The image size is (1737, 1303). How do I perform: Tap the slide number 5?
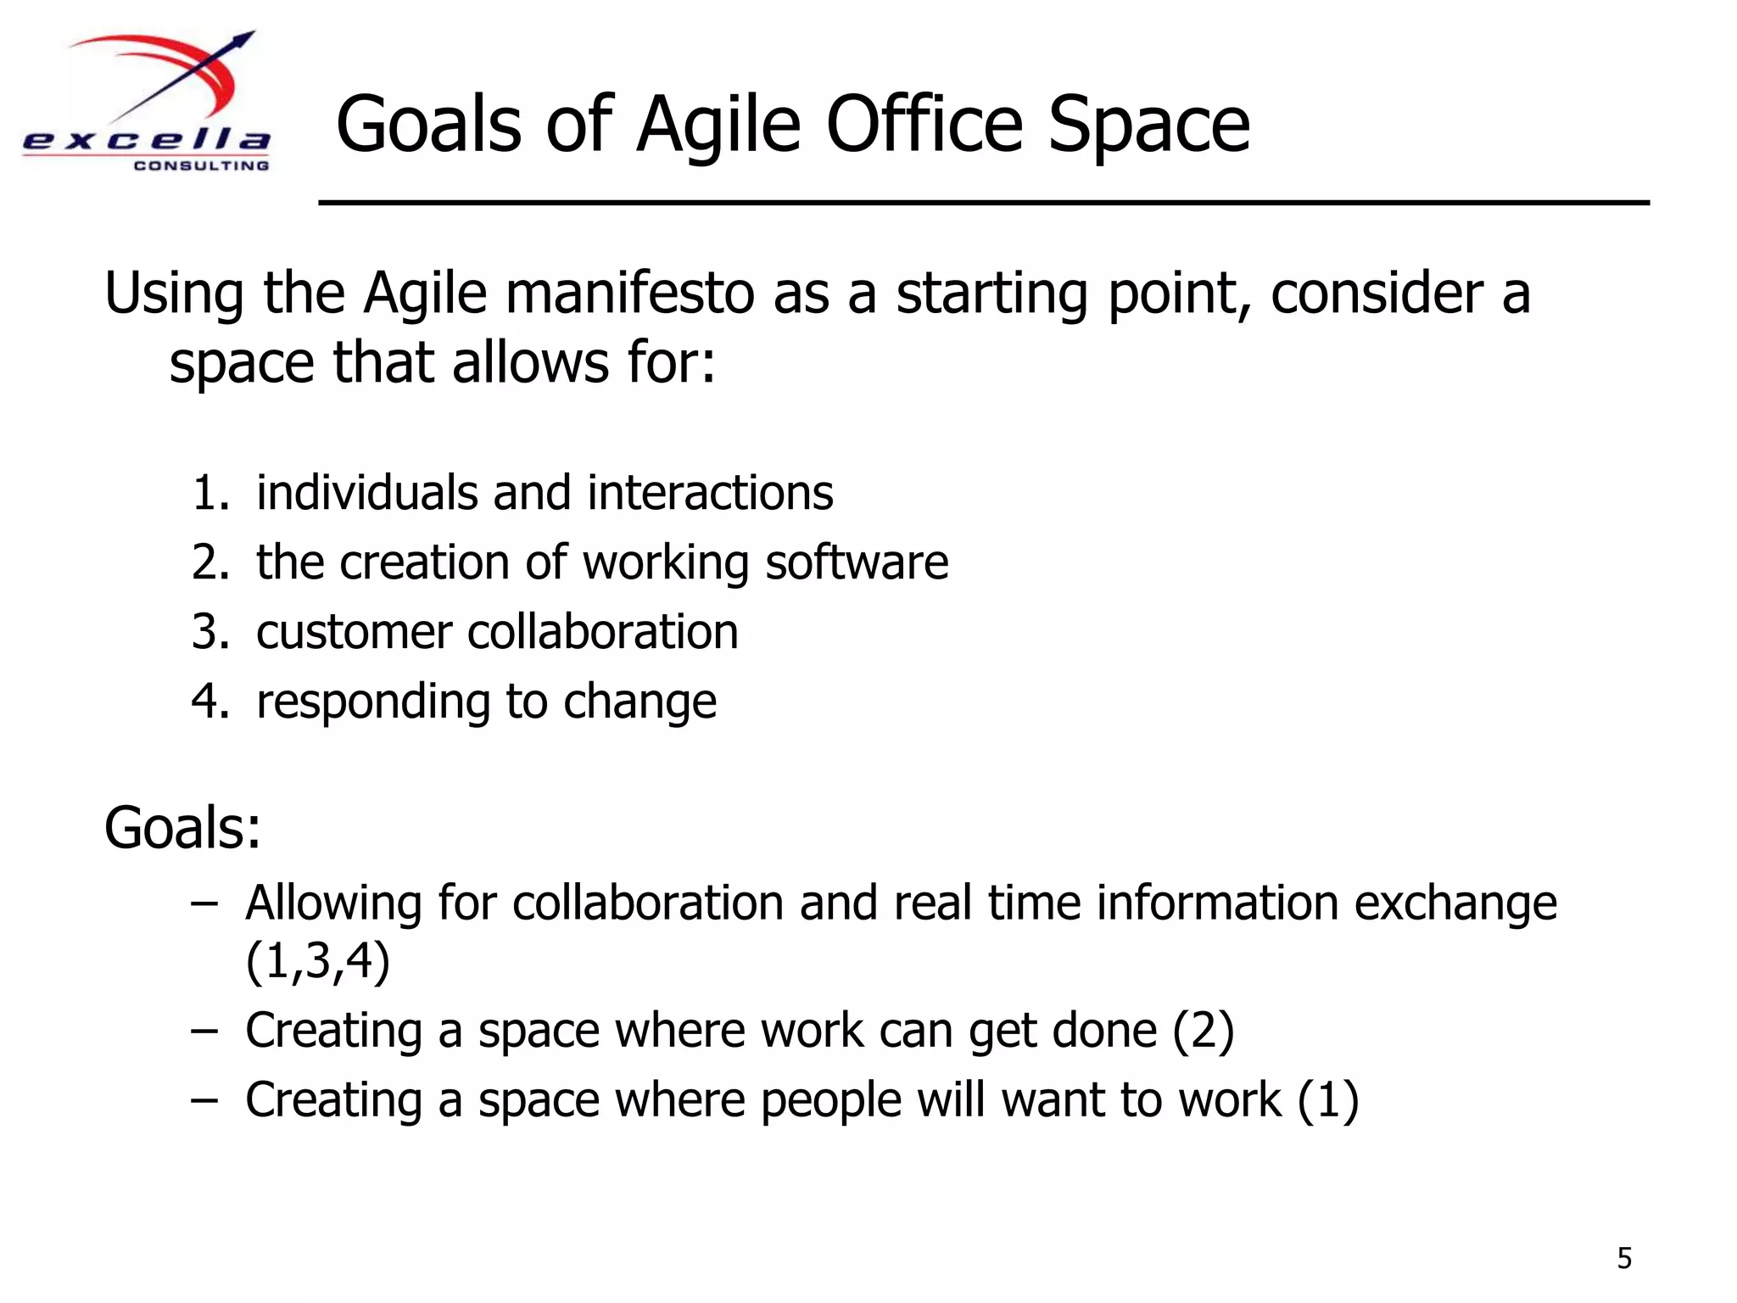pos(1624,1257)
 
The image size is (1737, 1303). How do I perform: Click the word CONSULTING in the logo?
pos(201,165)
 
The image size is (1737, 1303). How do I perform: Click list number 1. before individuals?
pos(209,493)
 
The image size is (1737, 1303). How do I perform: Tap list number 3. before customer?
pos(209,632)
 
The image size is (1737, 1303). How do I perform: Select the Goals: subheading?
pos(182,828)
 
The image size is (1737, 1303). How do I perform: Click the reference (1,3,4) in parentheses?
pos(317,961)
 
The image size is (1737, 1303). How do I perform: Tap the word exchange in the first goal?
pos(1455,903)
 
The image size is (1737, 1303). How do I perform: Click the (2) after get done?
pos(1203,1031)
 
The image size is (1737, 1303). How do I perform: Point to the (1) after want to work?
pos(1328,1100)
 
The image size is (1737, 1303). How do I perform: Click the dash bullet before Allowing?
pos(204,903)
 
